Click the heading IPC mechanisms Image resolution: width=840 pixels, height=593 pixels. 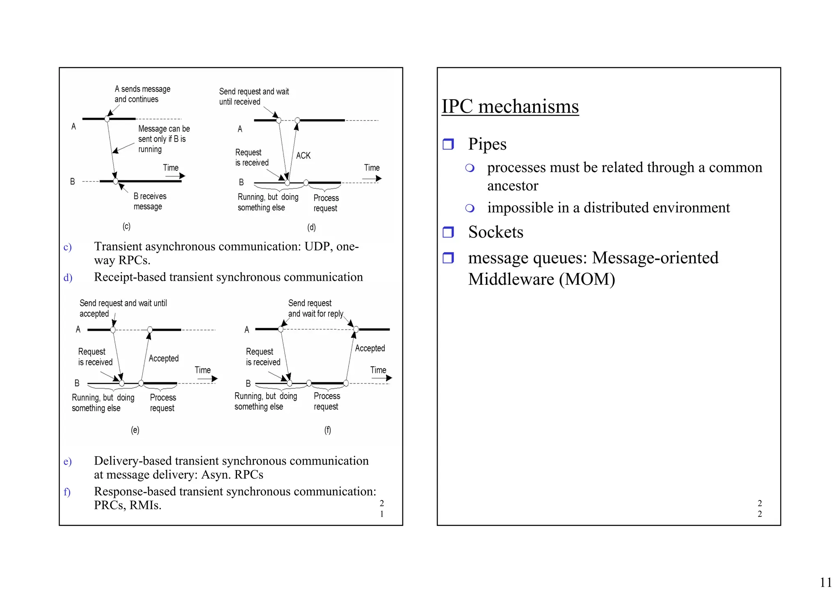[x=510, y=107]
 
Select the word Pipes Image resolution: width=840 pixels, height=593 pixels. [x=487, y=144]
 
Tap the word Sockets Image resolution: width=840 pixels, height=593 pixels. [x=495, y=232]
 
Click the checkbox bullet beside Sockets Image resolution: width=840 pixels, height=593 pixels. [x=448, y=232]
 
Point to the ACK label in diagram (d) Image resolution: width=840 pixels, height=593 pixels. [x=303, y=156]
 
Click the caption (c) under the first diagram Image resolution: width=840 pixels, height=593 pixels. [x=126, y=226]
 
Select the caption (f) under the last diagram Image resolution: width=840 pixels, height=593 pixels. [x=327, y=430]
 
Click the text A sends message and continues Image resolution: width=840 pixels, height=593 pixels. [x=142, y=94]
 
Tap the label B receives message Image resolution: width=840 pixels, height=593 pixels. [x=150, y=201]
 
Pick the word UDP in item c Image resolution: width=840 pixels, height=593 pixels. [x=317, y=247]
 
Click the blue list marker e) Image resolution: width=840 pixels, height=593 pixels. [x=68, y=462]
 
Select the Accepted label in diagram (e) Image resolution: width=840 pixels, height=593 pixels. [x=164, y=359]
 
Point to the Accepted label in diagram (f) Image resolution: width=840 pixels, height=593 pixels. [x=370, y=348]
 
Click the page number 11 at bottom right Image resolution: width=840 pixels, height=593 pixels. [x=826, y=582]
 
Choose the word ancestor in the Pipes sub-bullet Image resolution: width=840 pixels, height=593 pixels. [x=512, y=186]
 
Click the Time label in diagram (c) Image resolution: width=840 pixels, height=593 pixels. [x=171, y=168]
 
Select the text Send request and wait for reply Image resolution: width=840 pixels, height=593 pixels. [x=315, y=309]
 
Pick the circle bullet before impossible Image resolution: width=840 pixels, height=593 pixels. [x=470, y=208]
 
